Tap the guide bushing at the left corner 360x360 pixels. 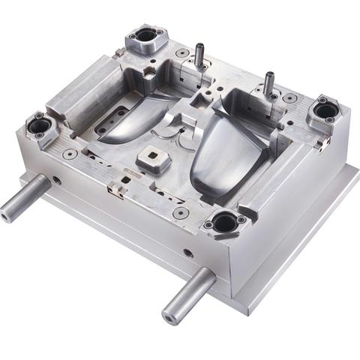coord(40,125)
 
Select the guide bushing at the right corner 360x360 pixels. coord(325,110)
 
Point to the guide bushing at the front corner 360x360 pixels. coord(223,221)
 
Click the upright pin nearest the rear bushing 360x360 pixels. coord(199,54)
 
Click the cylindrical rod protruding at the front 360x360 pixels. coord(187,292)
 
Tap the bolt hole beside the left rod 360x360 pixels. coord(57,180)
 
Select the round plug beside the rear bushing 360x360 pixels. coord(181,53)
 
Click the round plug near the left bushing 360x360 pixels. coord(70,153)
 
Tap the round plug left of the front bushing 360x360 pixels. coord(180,213)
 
